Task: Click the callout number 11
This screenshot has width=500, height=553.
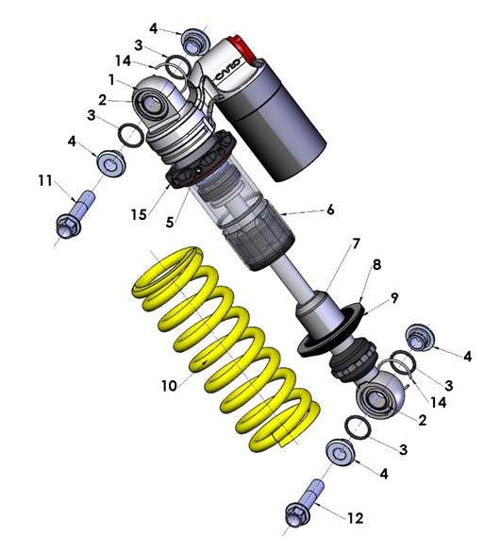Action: (43, 180)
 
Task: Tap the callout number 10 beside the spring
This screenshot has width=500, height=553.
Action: (169, 385)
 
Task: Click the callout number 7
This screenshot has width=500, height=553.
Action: (330, 212)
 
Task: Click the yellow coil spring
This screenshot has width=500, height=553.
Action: (226, 349)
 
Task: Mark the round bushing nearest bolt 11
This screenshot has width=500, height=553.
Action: (111, 164)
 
